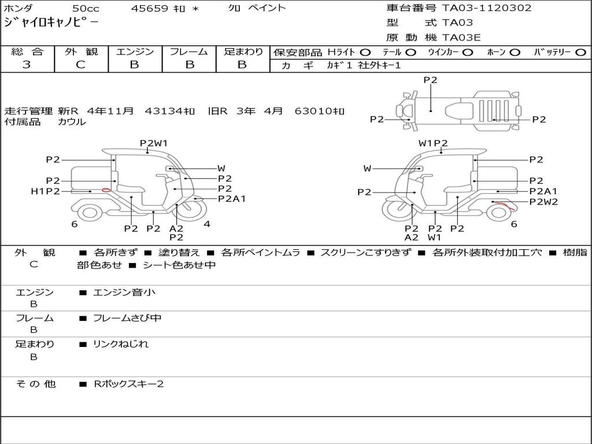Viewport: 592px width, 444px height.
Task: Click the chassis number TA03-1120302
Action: tap(487, 8)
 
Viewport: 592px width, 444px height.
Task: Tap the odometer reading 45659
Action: tap(149, 8)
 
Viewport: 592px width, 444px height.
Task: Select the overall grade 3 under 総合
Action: tap(27, 65)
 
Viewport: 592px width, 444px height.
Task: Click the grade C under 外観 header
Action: tap(80, 65)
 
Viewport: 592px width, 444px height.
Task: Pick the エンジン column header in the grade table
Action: tap(135, 51)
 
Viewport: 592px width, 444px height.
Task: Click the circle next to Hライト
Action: tap(365, 53)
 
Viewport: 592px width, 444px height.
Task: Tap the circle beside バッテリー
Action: tap(580, 53)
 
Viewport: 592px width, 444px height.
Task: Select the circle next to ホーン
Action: tap(515, 53)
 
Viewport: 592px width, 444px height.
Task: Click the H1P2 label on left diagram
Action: tap(45, 191)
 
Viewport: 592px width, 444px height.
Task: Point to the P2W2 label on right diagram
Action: tap(543, 202)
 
